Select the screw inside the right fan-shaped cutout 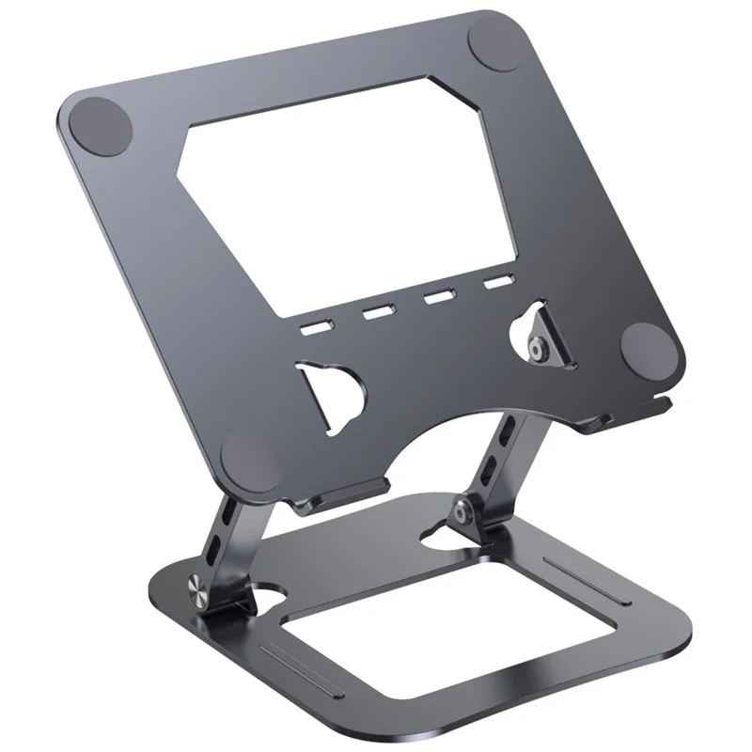coord(539,348)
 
